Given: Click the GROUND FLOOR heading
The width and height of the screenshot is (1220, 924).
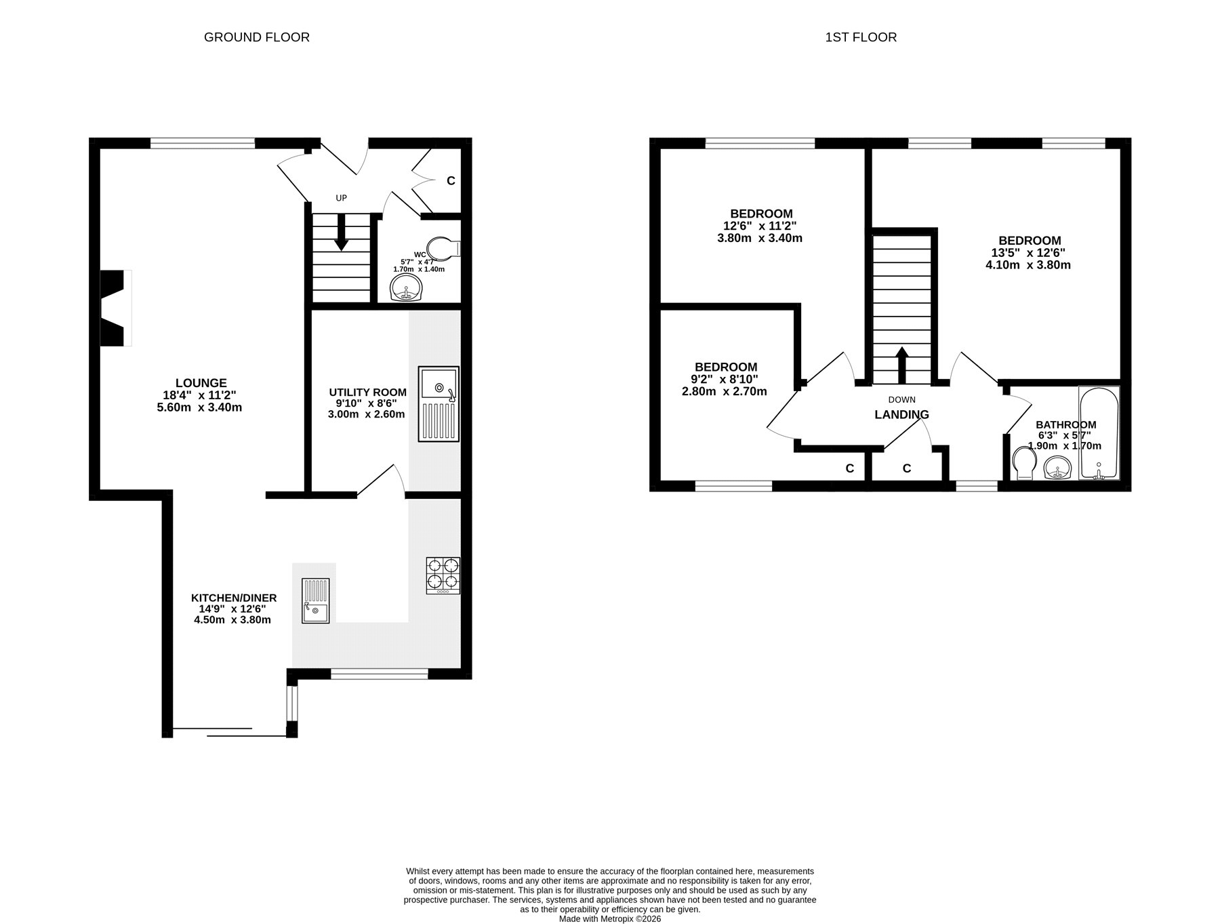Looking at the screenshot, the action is [257, 37].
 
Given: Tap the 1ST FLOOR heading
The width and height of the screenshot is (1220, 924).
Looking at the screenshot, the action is [861, 37].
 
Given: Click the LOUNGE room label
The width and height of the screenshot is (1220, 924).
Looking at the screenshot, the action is [201, 383].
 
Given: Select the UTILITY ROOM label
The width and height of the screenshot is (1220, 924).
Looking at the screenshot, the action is [367, 392].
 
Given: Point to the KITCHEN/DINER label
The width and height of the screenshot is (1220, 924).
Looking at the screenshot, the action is [234, 598].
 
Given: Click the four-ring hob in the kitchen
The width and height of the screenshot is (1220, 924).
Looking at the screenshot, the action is [443, 576].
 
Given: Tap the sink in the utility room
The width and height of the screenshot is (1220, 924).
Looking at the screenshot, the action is [439, 404].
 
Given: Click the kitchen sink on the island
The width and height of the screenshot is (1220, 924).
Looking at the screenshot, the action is [316, 601].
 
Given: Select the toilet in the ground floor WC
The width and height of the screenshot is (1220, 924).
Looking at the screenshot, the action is [445, 248].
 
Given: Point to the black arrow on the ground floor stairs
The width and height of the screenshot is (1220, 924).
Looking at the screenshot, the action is [341, 233].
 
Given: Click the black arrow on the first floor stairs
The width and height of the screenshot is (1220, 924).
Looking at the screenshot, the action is [902, 366].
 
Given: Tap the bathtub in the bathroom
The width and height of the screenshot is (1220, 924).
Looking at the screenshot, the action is [1099, 433].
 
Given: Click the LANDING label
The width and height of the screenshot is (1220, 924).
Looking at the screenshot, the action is [901, 415].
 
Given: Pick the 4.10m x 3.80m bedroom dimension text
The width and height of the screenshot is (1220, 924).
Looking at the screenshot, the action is [1028, 265].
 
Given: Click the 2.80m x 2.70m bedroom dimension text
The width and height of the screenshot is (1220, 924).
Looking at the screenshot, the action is [725, 391].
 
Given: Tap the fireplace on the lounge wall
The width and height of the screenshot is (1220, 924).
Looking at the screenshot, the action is [116, 308].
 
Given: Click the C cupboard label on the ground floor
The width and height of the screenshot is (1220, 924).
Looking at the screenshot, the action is [451, 181].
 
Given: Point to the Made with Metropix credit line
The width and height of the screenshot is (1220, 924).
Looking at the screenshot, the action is [610, 919].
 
